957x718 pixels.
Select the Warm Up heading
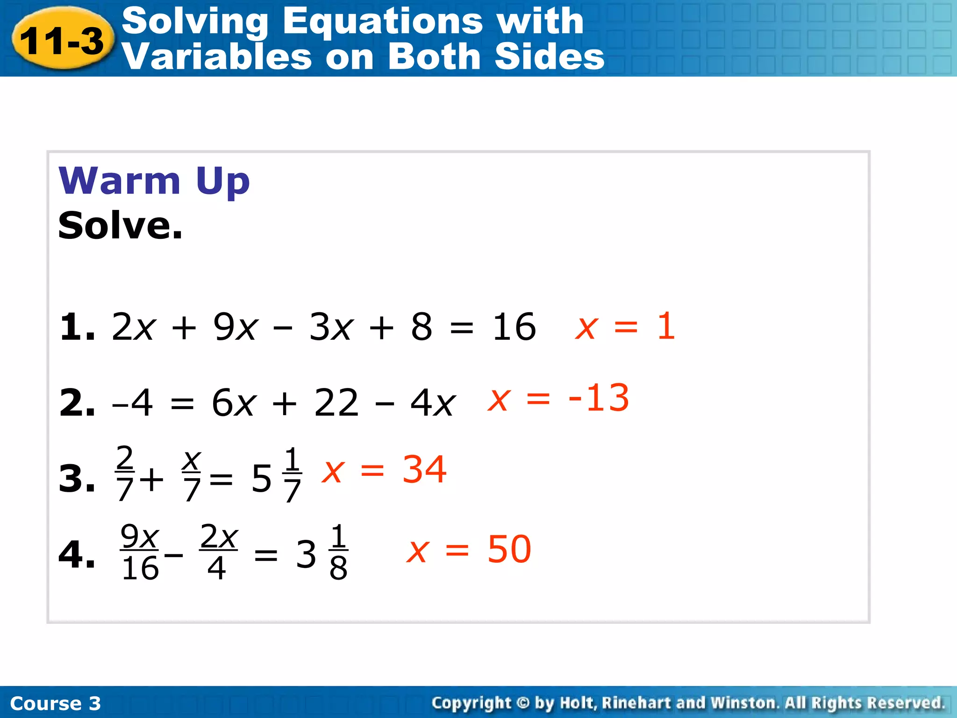pyautogui.click(x=154, y=181)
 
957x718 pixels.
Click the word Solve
pyautogui.click(x=120, y=226)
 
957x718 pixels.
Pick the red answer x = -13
pyautogui.click(x=558, y=398)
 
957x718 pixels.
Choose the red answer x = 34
pyautogui.click(x=384, y=469)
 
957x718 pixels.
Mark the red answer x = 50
pyautogui.click(x=469, y=549)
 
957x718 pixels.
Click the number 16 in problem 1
pyautogui.click(x=514, y=327)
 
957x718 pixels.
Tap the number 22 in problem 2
pyautogui.click(x=336, y=402)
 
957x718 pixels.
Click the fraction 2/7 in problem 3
pyautogui.click(x=125, y=473)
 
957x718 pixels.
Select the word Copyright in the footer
pyautogui.click(x=471, y=703)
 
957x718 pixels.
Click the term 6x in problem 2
pyautogui.click(x=234, y=402)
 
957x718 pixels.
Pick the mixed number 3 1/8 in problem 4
pyautogui.click(x=322, y=553)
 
